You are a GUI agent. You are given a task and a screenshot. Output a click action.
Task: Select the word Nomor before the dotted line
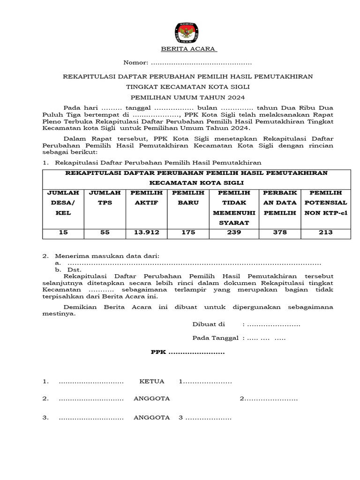[135, 63]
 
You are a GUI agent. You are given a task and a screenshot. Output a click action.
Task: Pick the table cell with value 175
[188, 232]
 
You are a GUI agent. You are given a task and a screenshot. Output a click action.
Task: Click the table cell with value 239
[234, 232]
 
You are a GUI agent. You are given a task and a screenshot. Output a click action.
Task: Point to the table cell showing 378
[281, 232]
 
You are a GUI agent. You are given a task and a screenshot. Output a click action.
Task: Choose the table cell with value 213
[325, 232]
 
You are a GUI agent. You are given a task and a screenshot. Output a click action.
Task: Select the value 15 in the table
[63, 232]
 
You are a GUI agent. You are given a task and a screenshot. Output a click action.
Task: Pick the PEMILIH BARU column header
[188, 198]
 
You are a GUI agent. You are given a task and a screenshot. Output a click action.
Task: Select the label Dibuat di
[209, 324]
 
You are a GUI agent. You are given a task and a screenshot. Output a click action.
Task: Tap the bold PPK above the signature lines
[158, 352]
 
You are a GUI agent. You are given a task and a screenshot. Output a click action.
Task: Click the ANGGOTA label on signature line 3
[151, 417]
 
